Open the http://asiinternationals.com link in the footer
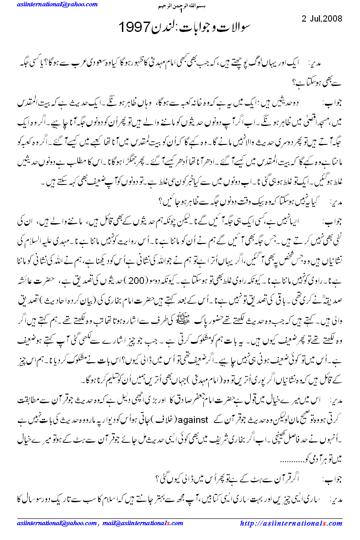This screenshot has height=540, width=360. (292, 523)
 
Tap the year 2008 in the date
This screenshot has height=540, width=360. (333, 19)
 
